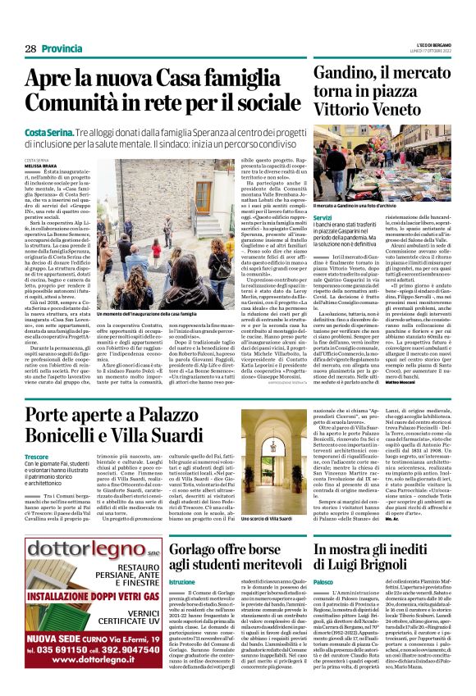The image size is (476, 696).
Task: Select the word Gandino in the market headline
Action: (x=342, y=75)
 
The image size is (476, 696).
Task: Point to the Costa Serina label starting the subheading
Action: (x=47, y=131)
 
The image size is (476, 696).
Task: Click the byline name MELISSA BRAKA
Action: (x=40, y=166)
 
